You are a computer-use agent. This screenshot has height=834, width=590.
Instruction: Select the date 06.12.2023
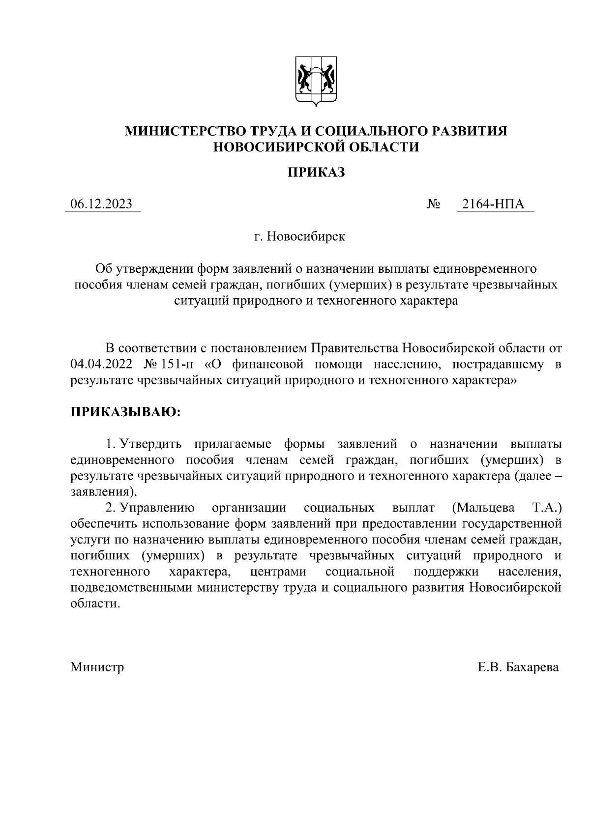click(x=102, y=204)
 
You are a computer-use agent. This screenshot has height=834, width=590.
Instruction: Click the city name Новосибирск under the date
click(x=306, y=236)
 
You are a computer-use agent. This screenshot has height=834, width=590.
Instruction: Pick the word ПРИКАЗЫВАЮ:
click(x=126, y=412)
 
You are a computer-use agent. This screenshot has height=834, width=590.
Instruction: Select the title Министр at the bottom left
click(x=97, y=667)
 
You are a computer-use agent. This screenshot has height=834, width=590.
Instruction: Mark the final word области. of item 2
click(x=95, y=604)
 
